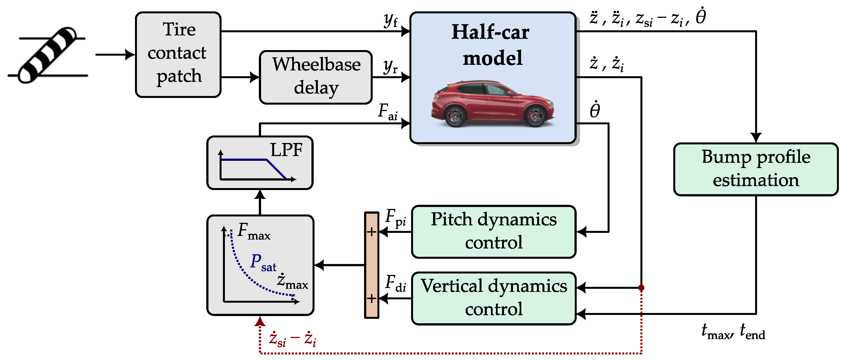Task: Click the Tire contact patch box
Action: point(178,55)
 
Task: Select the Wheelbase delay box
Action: point(316,77)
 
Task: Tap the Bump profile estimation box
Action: point(756,169)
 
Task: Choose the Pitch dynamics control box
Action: point(494,232)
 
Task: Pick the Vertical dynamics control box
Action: point(494,298)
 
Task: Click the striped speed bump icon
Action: point(48,55)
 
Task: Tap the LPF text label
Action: point(286,150)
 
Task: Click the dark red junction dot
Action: point(641,288)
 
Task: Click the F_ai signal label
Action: point(388,112)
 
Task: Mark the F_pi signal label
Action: point(396,218)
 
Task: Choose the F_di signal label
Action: point(396,283)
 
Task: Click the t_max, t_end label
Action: point(733,331)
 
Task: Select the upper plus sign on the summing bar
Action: point(371,232)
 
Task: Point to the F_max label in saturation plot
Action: point(254,231)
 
